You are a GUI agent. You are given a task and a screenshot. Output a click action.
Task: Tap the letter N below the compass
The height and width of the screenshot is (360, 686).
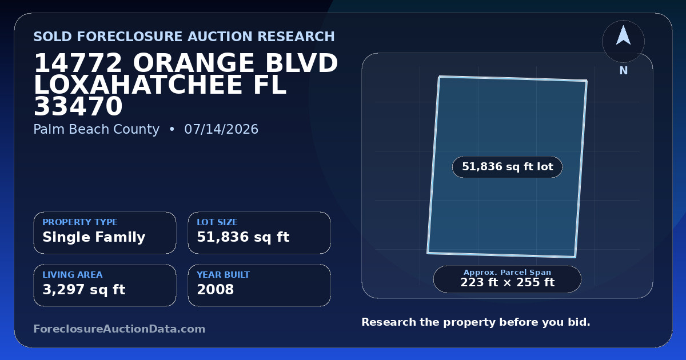click(624, 71)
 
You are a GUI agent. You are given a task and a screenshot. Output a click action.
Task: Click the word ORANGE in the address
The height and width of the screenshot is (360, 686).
click(193, 63)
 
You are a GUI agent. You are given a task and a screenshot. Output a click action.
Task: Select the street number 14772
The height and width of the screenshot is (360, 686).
click(78, 63)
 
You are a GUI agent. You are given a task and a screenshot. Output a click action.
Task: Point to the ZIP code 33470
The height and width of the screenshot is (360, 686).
click(78, 106)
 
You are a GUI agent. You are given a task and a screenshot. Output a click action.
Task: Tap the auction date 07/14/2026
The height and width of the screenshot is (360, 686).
click(221, 129)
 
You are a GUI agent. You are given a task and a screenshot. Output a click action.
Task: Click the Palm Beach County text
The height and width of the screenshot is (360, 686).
click(97, 129)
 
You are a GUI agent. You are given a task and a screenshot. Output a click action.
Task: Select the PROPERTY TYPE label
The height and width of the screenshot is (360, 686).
click(80, 222)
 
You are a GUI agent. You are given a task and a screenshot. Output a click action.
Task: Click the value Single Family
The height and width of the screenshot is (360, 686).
click(94, 237)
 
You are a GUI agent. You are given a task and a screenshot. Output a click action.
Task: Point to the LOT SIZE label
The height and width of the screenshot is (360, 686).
click(217, 222)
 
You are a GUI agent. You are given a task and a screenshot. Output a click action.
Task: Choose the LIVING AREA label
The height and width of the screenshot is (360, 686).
click(73, 275)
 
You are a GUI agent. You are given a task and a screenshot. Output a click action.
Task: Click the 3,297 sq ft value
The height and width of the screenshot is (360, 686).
click(84, 290)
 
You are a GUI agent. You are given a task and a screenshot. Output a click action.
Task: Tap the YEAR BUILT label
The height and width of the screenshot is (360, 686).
click(224, 275)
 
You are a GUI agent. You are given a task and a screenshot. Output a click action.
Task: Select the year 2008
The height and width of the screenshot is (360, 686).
click(216, 290)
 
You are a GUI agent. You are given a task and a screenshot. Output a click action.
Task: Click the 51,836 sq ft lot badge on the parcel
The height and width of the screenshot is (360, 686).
click(508, 167)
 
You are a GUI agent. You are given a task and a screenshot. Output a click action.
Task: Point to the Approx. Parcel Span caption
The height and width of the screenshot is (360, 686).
click(508, 272)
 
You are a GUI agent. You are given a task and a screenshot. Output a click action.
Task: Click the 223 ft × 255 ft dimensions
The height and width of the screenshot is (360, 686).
click(508, 282)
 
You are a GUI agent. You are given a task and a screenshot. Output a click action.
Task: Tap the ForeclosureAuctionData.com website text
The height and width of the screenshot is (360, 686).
click(119, 329)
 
